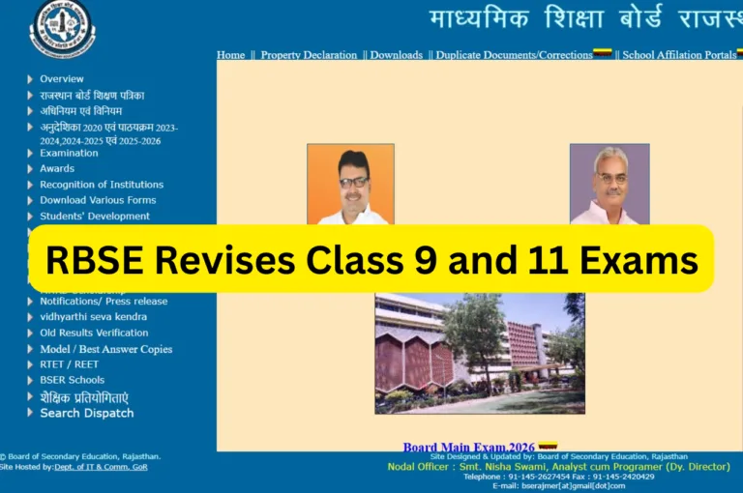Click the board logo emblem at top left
coord(63,27)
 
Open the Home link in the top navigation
coord(231,55)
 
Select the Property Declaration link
coord(309,55)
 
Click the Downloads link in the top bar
coord(396,55)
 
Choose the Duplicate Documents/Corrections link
coord(514,55)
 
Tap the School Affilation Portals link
coord(679,55)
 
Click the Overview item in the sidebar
coord(62,79)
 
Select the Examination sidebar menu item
coord(69,153)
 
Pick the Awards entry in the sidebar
coord(57,168)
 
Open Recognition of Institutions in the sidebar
coord(102,185)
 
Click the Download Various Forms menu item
coord(98,200)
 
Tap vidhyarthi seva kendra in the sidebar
coord(93,317)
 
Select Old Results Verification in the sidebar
coord(94,333)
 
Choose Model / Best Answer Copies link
coord(105,349)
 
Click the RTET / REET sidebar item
coord(69,364)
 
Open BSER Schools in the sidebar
coord(72,380)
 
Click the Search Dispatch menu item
coord(87,413)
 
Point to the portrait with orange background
coord(350,184)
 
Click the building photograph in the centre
coord(480,353)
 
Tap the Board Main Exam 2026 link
coord(467,447)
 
